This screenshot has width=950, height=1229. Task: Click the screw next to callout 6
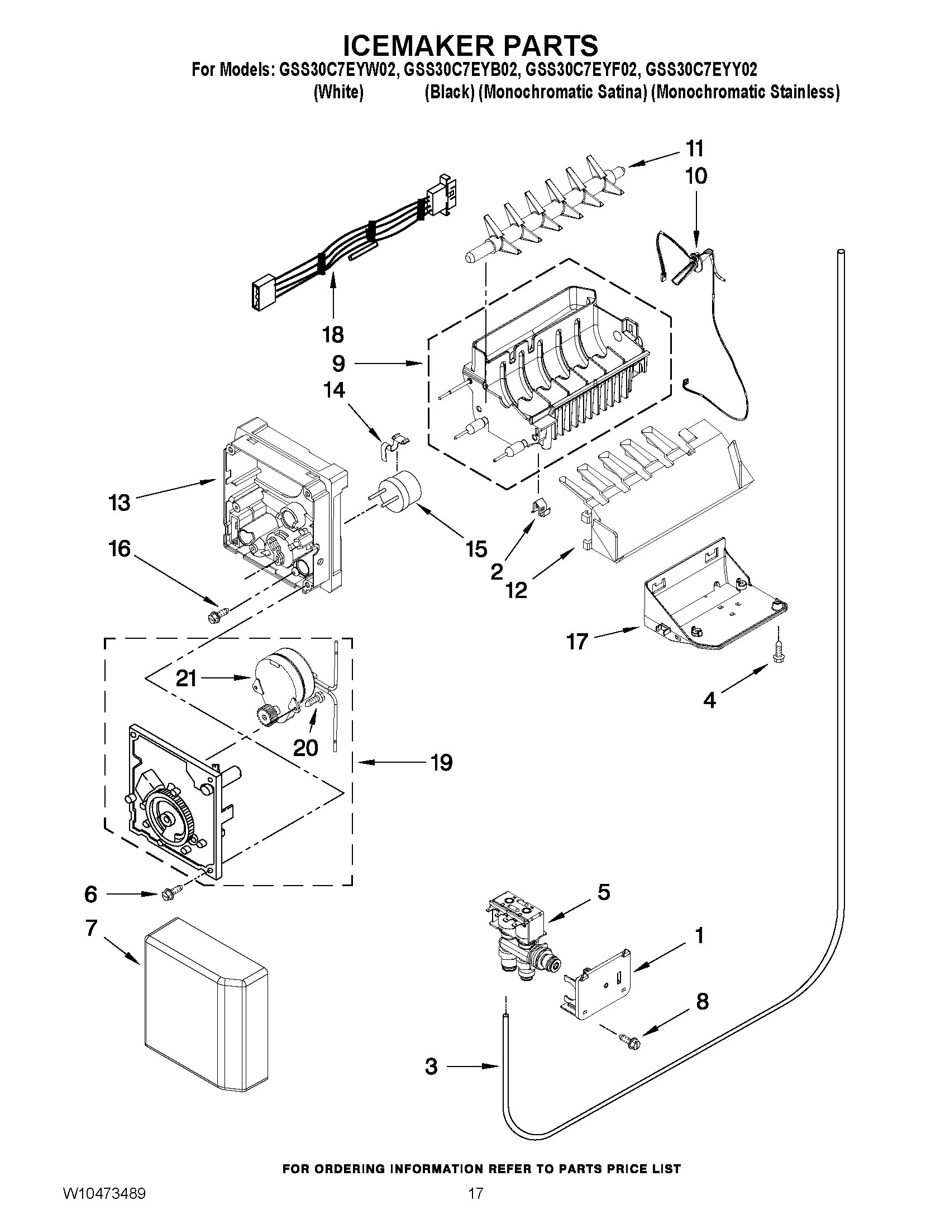point(170,893)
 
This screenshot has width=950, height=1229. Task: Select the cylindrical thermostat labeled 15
point(400,491)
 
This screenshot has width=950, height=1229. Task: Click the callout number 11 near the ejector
point(695,149)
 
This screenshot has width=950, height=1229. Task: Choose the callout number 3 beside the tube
point(431,1066)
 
